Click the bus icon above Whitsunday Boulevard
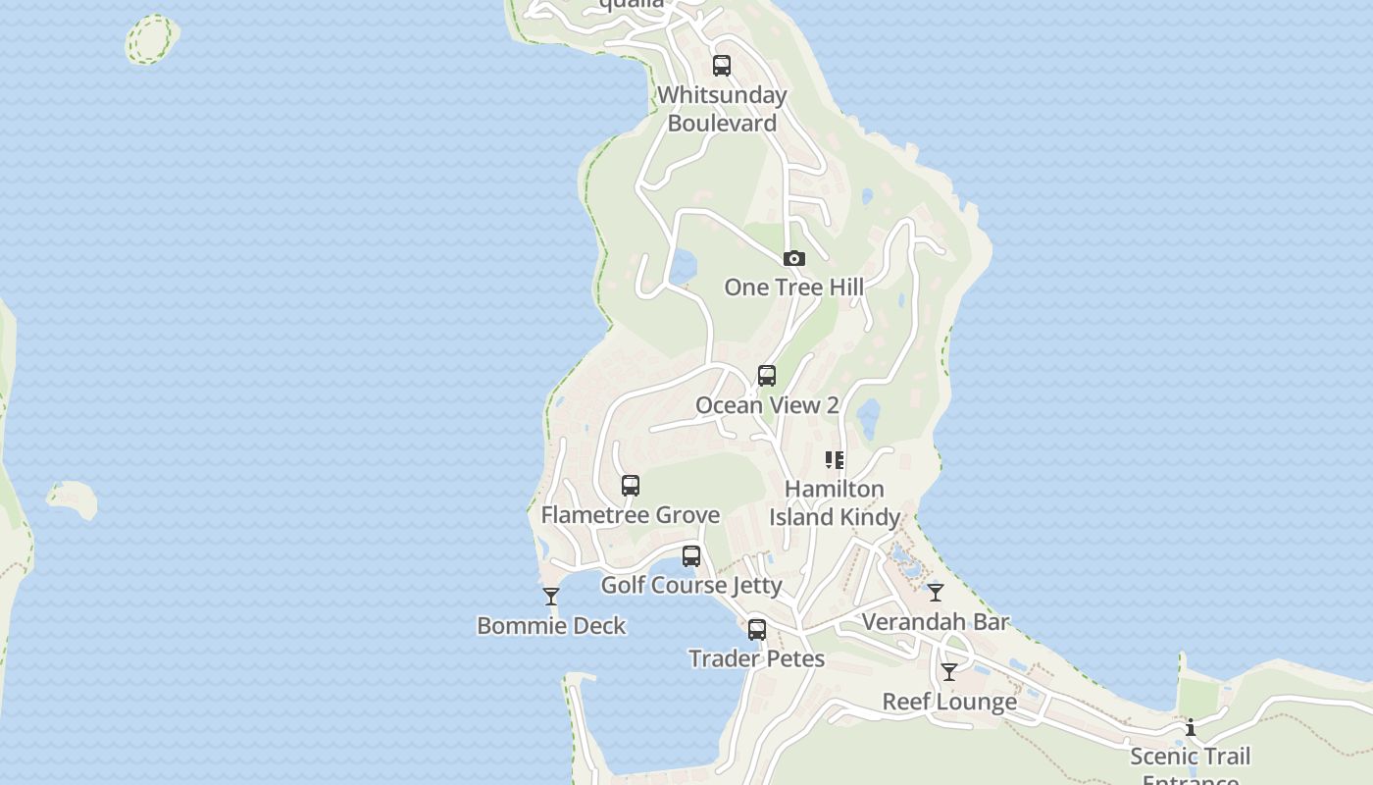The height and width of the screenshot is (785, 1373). pyautogui.click(x=722, y=66)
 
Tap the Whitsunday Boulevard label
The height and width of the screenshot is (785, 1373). pyautogui.click(x=722, y=109)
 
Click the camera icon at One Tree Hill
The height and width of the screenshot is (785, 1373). pyautogui.click(x=794, y=259)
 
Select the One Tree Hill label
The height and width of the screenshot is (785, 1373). pyautogui.click(x=794, y=288)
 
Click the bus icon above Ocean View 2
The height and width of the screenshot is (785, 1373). pyautogui.click(x=767, y=376)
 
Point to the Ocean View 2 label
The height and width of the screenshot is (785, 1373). pyautogui.click(x=767, y=405)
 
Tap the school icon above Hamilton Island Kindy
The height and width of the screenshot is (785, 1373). pyautogui.click(x=835, y=459)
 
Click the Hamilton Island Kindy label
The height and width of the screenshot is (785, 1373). pyautogui.click(x=835, y=502)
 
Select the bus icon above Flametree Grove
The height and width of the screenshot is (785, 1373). pyautogui.click(x=631, y=486)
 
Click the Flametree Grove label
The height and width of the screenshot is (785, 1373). pyautogui.click(x=631, y=515)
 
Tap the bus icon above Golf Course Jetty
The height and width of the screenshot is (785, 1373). pyautogui.click(x=691, y=556)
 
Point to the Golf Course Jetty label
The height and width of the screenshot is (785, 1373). pyautogui.click(x=691, y=586)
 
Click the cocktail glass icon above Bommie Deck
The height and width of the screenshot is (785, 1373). pyautogui.click(x=551, y=596)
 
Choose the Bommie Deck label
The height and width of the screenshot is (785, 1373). pyautogui.click(x=551, y=626)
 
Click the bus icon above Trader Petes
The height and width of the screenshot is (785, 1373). pyautogui.click(x=757, y=630)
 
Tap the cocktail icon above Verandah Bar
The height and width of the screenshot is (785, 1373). pyautogui.click(x=936, y=592)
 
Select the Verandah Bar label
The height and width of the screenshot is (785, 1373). pyautogui.click(x=936, y=622)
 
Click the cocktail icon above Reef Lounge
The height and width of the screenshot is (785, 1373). pyautogui.click(x=949, y=672)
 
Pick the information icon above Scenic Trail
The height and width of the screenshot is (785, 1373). pyautogui.click(x=1191, y=727)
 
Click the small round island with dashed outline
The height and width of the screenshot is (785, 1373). pyautogui.click(x=152, y=39)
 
